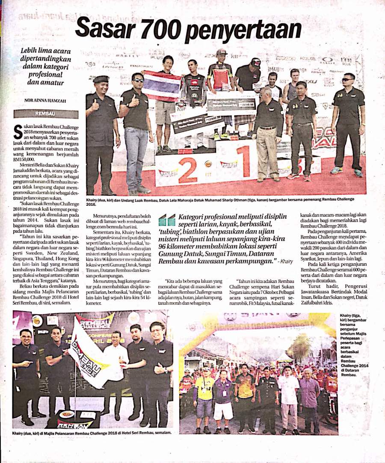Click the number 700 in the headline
point(160,29)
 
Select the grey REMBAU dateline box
point(46,114)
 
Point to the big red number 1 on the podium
point(243,161)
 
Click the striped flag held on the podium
point(161,84)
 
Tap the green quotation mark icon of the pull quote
point(166,220)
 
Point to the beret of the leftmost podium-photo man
point(101,79)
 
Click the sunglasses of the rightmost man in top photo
point(347,79)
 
